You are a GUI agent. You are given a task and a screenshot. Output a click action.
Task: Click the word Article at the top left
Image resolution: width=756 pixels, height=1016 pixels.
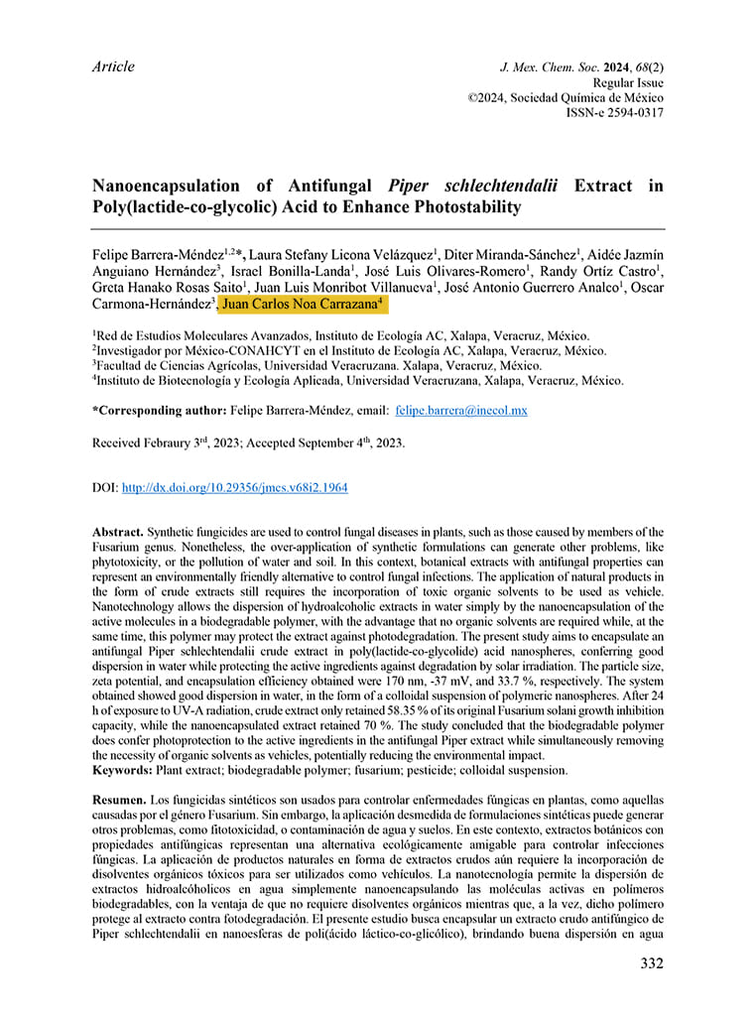112,67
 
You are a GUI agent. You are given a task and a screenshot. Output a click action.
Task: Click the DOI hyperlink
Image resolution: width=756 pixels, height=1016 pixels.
234,488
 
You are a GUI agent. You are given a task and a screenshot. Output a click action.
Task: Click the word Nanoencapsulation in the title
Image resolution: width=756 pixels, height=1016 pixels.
166,187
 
